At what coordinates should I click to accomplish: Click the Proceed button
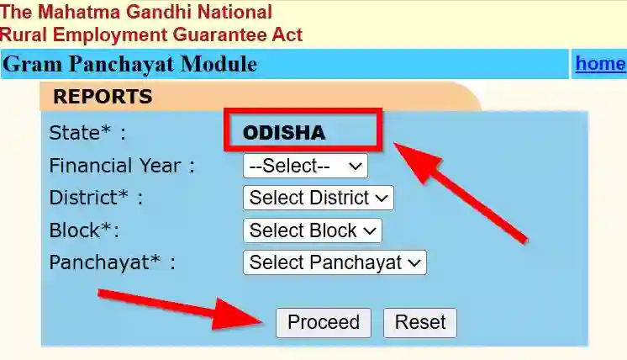(x=323, y=323)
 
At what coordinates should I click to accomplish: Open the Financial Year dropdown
(x=305, y=166)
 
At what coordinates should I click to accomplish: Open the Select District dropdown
(x=318, y=199)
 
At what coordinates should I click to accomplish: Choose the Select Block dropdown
(x=312, y=230)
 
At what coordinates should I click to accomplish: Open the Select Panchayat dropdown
(x=335, y=262)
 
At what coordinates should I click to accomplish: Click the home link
(x=599, y=64)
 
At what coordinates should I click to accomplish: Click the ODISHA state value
(x=284, y=133)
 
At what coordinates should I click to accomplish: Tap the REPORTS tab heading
(x=103, y=97)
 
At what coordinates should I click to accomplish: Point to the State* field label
(x=87, y=133)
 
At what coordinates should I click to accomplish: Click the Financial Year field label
(x=122, y=166)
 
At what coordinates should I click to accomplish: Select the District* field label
(x=96, y=199)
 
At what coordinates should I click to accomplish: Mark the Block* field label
(x=84, y=230)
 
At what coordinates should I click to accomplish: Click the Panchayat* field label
(x=113, y=262)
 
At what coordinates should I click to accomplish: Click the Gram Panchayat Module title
(x=130, y=65)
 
